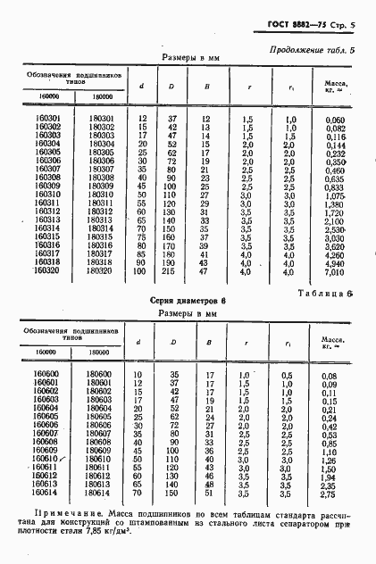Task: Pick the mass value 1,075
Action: coord(333,194)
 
